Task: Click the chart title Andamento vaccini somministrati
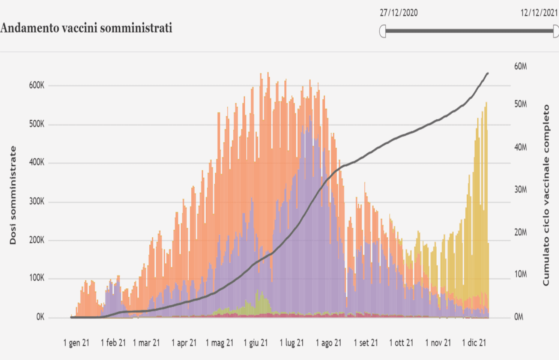pos(86,28)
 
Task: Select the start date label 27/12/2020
pos(398,13)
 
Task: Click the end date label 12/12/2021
pos(539,13)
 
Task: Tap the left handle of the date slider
pos(383,31)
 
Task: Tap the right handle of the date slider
pos(556,31)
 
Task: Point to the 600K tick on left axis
pos(36,85)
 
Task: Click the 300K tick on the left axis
pos(36,202)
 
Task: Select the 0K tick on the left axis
pos(40,317)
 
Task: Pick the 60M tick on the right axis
pos(520,66)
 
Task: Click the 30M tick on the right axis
pos(520,190)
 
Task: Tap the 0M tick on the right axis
pos(518,317)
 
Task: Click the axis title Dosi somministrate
pos(13,195)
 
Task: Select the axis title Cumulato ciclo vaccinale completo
pos(546,195)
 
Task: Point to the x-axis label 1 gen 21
pos(76,343)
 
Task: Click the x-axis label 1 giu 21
pos(255,343)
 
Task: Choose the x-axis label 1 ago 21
pos(328,343)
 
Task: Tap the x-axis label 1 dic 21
pos(474,343)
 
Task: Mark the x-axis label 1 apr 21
pos(184,343)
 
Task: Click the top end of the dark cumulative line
pos(487,73)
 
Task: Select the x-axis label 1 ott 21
pos(401,343)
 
